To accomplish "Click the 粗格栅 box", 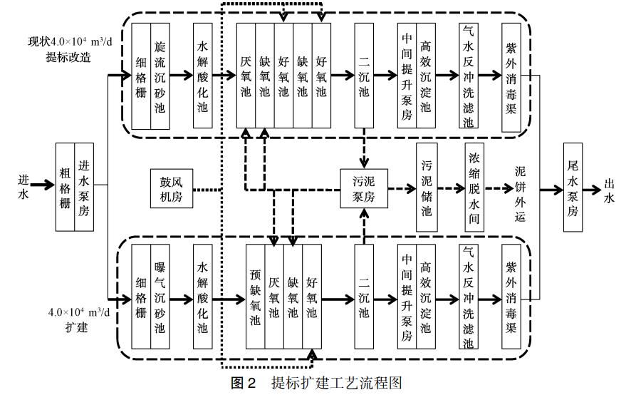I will coord(66,187).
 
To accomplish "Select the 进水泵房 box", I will coord(85,187).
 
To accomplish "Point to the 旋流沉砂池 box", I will coord(160,76).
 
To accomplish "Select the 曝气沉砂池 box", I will coord(160,297).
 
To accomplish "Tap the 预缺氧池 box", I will coord(256,298).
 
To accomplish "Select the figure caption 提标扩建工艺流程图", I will coord(316,383).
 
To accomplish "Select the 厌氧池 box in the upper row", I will coord(246,76).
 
